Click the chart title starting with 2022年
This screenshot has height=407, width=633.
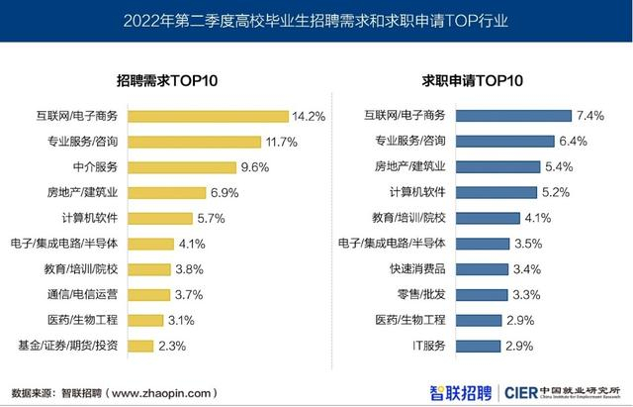[x=316, y=20]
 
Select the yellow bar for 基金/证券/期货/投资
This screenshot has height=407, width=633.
[x=142, y=346]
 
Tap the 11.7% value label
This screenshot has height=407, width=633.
[x=281, y=142]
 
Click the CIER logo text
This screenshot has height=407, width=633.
[x=524, y=390]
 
